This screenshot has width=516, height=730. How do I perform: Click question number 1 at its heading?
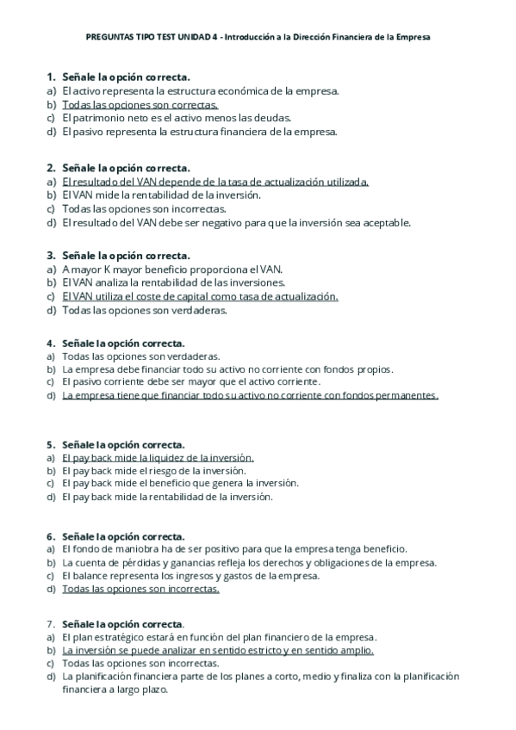[x=51, y=77]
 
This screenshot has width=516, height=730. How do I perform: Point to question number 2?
[x=51, y=167]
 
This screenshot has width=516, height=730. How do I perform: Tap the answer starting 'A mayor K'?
[x=172, y=269]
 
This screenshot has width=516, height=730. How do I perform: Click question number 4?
[x=51, y=343]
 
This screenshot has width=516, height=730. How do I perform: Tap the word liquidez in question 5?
[x=165, y=457]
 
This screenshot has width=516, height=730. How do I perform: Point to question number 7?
[x=51, y=623]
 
